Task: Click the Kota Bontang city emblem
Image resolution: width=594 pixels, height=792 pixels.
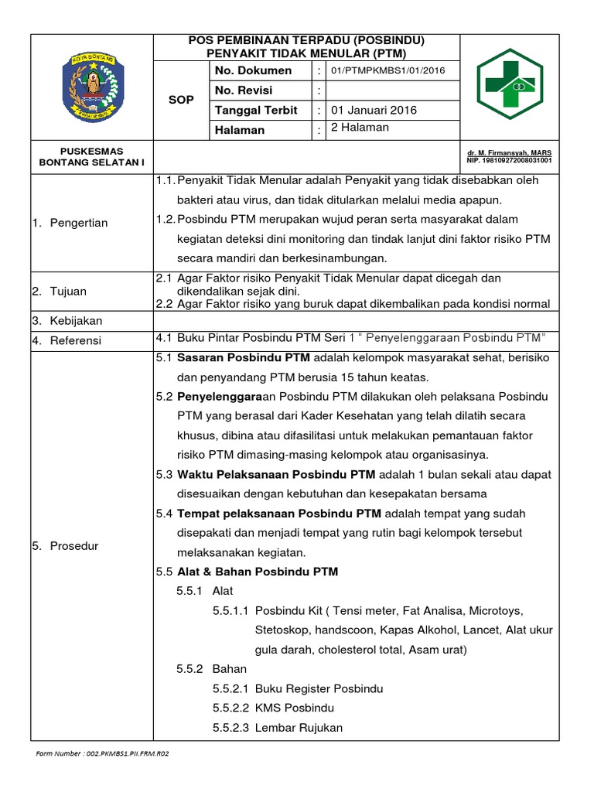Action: [92, 87]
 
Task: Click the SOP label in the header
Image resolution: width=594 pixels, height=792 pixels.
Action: [182, 101]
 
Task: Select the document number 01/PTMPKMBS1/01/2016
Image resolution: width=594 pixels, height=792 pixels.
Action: [387, 71]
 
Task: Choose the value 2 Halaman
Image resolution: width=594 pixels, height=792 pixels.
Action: [360, 128]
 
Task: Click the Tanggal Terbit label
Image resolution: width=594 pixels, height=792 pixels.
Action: [256, 111]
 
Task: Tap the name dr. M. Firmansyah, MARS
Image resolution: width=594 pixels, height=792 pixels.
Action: [508, 153]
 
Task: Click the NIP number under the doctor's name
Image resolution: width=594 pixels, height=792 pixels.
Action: [509, 162]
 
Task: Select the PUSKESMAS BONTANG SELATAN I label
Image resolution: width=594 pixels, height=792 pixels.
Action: [92, 157]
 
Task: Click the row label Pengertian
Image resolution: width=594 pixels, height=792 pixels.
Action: [78, 223]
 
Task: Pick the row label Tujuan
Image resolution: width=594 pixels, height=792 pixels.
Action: [70, 292]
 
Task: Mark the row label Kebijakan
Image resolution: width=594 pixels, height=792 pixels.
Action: [76, 320]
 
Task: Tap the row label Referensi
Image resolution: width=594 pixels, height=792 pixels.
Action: [76, 340]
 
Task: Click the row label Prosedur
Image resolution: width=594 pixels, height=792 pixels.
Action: [73, 546]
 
